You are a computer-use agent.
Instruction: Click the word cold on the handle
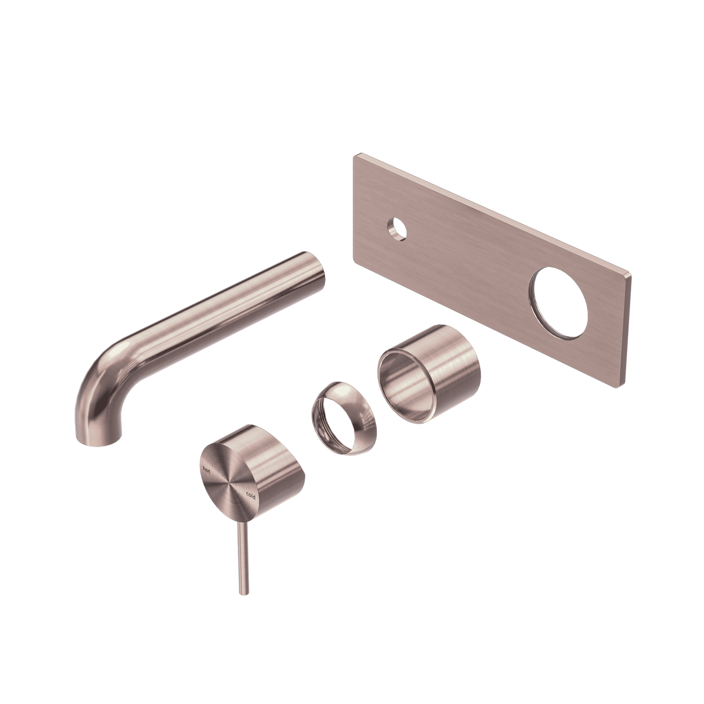coord(250,495)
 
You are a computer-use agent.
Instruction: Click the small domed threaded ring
coord(342,419)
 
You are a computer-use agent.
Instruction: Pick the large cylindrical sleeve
coord(429,373)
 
